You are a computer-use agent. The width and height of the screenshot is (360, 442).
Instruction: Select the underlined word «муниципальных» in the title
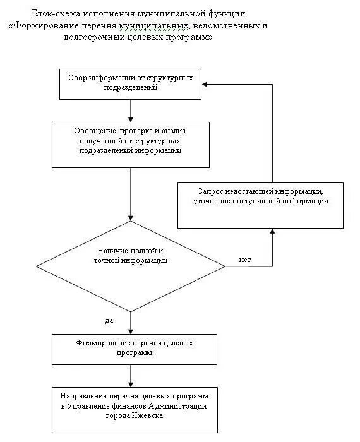click(x=153, y=27)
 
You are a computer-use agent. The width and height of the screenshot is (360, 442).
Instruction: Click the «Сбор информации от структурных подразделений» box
click(x=130, y=84)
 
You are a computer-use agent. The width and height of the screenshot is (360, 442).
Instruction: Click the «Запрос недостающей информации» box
click(x=260, y=205)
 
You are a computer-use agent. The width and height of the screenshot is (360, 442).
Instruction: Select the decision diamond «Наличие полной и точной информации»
click(x=131, y=266)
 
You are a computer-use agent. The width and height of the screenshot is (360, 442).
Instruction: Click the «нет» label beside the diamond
click(x=244, y=260)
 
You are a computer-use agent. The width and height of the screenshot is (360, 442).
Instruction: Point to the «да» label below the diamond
click(x=109, y=321)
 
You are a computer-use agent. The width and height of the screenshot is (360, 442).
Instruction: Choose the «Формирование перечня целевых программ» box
click(x=135, y=350)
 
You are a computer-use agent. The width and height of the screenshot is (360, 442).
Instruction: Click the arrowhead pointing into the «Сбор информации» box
click(x=205, y=84)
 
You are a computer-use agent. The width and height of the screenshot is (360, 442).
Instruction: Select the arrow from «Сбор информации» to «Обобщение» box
click(x=131, y=110)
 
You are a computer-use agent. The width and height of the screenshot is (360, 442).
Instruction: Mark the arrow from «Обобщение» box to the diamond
click(x=131, y=194)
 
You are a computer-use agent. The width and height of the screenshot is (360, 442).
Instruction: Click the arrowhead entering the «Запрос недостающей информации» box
click(x=272, y=232)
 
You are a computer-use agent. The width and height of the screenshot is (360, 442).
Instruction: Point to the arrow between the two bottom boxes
click(x=131, y=376)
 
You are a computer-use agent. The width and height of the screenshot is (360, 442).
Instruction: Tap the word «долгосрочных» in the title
click(x=93, y=37)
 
